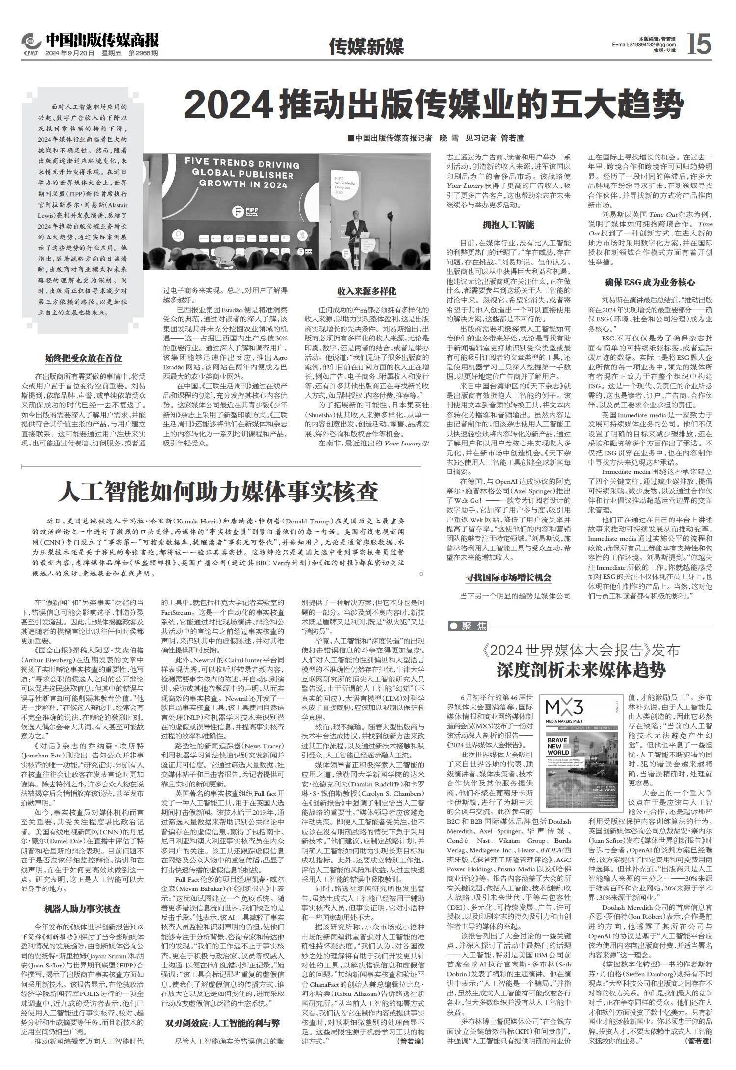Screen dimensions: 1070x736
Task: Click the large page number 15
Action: click(x=699, y=44)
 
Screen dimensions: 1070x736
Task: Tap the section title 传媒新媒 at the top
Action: click(x=367, y=47)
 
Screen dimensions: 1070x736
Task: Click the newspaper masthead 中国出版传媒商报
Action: click(x=102, y=39)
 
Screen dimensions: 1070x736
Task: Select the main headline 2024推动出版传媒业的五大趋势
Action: click(x=434, y=104)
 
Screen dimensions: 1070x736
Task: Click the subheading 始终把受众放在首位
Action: click(x=83, y=358)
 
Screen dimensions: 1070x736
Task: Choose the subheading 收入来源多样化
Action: click(x=366, y=291)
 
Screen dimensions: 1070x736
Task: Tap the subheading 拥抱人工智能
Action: click(x=508, y=225)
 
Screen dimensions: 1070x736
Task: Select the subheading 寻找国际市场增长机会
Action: click(x=508, y=578)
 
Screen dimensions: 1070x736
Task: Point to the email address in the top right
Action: click(x=644, y=45)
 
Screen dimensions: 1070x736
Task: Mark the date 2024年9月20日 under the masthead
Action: click(x=69, y=53)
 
